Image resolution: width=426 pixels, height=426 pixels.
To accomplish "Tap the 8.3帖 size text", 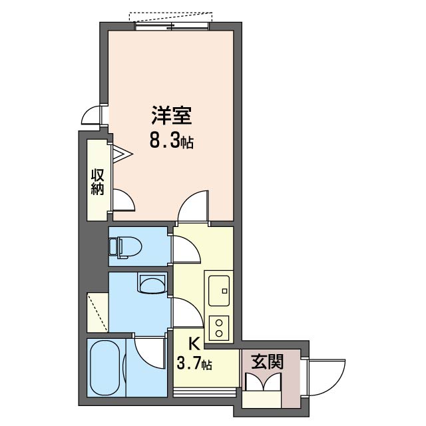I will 171,141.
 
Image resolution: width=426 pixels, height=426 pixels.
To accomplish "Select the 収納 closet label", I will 98,182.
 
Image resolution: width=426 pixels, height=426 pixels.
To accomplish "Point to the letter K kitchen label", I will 194,344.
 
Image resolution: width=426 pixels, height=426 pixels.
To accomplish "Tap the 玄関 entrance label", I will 268,362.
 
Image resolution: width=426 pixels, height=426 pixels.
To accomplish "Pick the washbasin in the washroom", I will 152,284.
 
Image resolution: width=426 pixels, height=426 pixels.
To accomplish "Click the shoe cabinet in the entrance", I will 262,382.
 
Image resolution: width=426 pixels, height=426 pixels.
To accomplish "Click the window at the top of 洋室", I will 173,25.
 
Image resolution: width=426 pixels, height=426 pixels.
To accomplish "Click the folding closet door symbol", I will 122,155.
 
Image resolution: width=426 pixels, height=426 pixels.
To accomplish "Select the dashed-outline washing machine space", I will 97,312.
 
